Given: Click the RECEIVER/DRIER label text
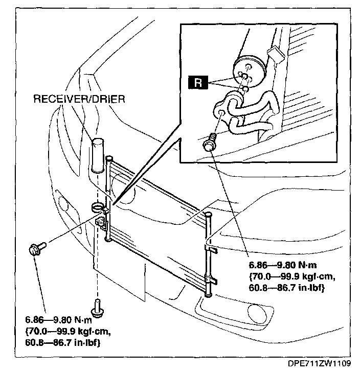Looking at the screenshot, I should [x=79, y=99].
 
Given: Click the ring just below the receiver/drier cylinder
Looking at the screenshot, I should [x=97, y=207].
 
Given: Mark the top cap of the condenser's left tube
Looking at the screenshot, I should [x=108, y=160].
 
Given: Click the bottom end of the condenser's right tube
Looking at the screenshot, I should [x=207, y=293].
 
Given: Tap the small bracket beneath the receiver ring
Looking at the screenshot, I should [x=101, y=221].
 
